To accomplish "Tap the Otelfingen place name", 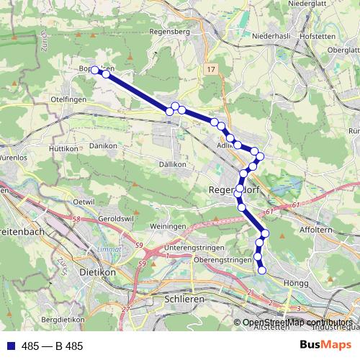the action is (69, 99).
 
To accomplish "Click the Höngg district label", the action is (295, 282).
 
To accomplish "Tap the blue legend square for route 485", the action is (9, 346).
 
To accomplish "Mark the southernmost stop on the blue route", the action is (262, 271).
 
